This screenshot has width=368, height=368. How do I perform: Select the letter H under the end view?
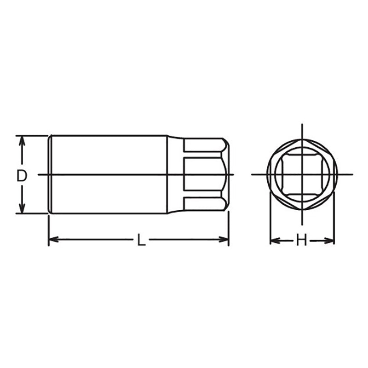301,240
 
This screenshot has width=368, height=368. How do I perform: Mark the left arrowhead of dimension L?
52,239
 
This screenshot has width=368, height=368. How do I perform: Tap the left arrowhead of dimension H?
273,240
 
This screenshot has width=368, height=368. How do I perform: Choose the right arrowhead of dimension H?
330,240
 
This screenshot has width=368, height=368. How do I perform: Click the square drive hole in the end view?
302,174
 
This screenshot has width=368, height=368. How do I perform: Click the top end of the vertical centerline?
302,125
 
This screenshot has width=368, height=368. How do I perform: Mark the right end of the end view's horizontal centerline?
351,174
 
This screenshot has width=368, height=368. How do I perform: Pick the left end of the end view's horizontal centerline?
253,174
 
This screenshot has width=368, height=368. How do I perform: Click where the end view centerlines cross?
302,174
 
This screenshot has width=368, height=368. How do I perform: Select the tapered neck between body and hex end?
175,174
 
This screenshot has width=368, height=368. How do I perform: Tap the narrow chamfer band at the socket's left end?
50,174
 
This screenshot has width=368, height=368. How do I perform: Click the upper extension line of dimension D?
32,136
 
